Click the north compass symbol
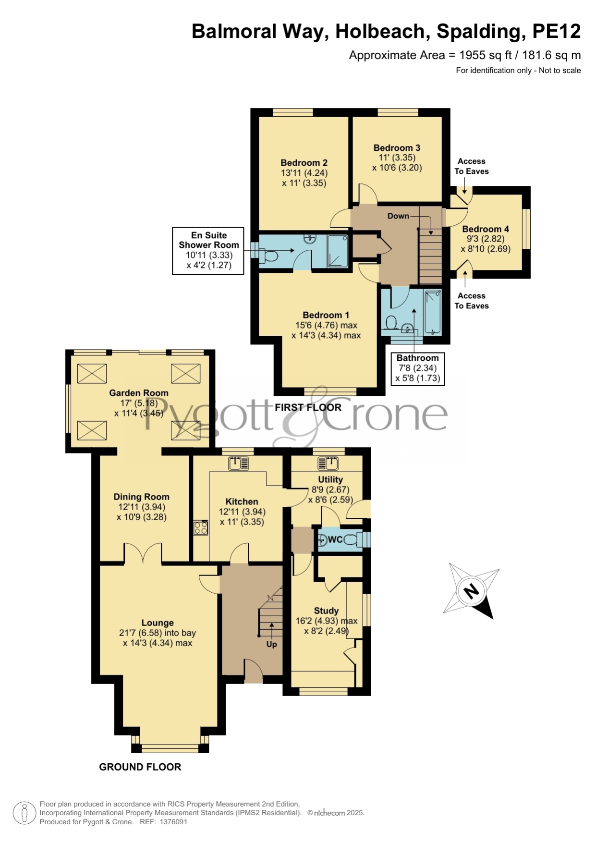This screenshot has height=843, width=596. [471, 591]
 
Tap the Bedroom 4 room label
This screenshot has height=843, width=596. [486, 229]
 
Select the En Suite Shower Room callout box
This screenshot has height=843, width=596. [208, 251]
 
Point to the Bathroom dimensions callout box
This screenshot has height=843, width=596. [417, 368]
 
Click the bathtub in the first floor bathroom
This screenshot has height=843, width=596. [432, 312]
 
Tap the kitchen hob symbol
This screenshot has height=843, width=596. [201, 528]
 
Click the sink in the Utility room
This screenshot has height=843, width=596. [328, 464]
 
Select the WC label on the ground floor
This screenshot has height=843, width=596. [335, 539]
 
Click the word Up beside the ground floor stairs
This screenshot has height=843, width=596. [272, 644]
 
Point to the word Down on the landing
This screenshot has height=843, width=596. [399, 216]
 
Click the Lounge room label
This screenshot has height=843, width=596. [158, 623]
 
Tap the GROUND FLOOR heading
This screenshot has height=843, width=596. [140, 767]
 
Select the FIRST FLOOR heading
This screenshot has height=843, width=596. [308, 407]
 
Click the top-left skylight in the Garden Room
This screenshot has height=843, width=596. [92, 373]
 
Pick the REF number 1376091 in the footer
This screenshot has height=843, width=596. [173, 822]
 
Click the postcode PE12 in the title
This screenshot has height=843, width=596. [557, 32]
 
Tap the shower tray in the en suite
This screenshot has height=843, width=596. [338, 251]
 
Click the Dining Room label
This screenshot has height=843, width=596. [141, 497]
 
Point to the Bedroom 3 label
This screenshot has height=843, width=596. [397, 148]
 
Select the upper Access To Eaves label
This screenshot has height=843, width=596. [472, 166]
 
